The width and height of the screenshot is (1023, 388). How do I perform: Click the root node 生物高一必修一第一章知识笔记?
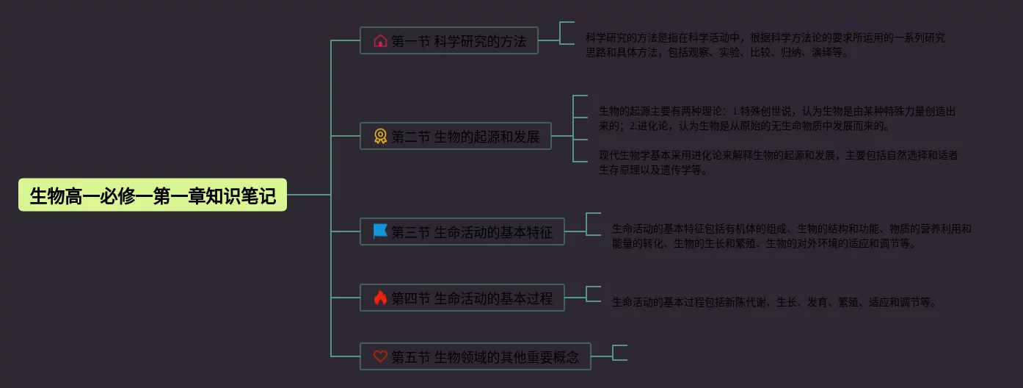153,195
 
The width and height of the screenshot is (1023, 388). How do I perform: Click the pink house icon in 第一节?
380,41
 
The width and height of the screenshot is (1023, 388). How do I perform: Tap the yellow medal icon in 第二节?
380,137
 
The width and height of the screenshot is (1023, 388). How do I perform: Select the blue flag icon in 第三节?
380,232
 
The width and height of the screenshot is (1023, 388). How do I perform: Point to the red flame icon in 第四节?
380,298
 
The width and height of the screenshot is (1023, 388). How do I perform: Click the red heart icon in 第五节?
380,357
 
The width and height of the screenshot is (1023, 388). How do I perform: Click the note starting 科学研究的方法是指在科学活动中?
765,45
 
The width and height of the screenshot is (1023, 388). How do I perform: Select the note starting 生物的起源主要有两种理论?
776,118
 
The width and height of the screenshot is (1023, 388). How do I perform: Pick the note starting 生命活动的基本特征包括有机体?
791,236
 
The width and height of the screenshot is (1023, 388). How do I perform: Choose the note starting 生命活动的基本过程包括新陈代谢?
774,302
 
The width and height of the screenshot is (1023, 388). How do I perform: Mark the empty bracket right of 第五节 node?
619,353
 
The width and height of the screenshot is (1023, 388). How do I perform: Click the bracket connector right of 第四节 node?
593,294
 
